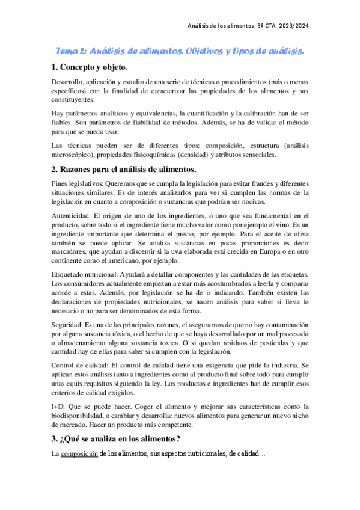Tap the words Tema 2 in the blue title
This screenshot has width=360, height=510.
coord(70,52)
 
